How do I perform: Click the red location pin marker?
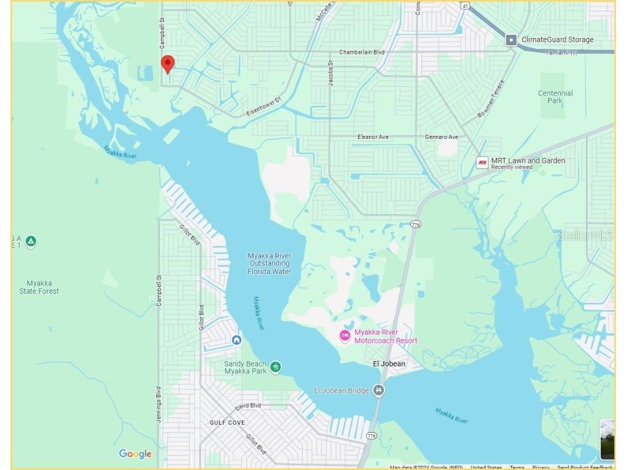point(167,64)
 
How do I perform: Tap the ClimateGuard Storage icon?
point(511,40)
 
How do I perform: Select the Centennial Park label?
point(555,97)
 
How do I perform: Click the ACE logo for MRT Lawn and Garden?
point(482,163)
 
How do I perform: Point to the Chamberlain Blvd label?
point(362,53)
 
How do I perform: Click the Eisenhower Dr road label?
point(263,106)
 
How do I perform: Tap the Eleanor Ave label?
point(373,137)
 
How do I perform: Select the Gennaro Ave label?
point(441,137)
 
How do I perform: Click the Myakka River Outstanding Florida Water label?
point(269,264)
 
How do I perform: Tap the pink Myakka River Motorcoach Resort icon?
point(345,336)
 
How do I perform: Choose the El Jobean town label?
point(389,364)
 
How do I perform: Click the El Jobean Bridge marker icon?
point(379,390)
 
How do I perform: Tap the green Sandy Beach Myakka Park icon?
point(276,367)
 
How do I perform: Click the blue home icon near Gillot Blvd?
point(236,340)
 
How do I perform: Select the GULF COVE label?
point(227,423)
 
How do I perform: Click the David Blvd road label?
point(248,406)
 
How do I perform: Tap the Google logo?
point(135,453)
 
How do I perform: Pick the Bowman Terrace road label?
point(491,99)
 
